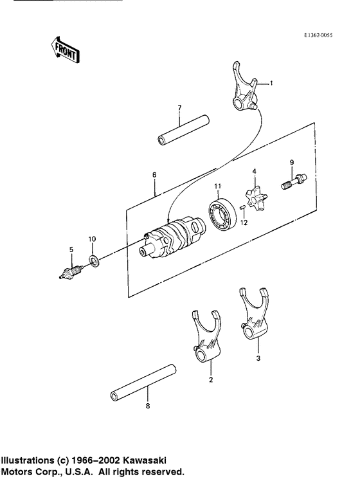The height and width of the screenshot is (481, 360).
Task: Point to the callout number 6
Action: point(154,175)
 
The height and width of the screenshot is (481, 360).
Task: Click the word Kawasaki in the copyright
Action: point(148,460)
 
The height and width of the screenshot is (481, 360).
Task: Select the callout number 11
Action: point(217,186)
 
